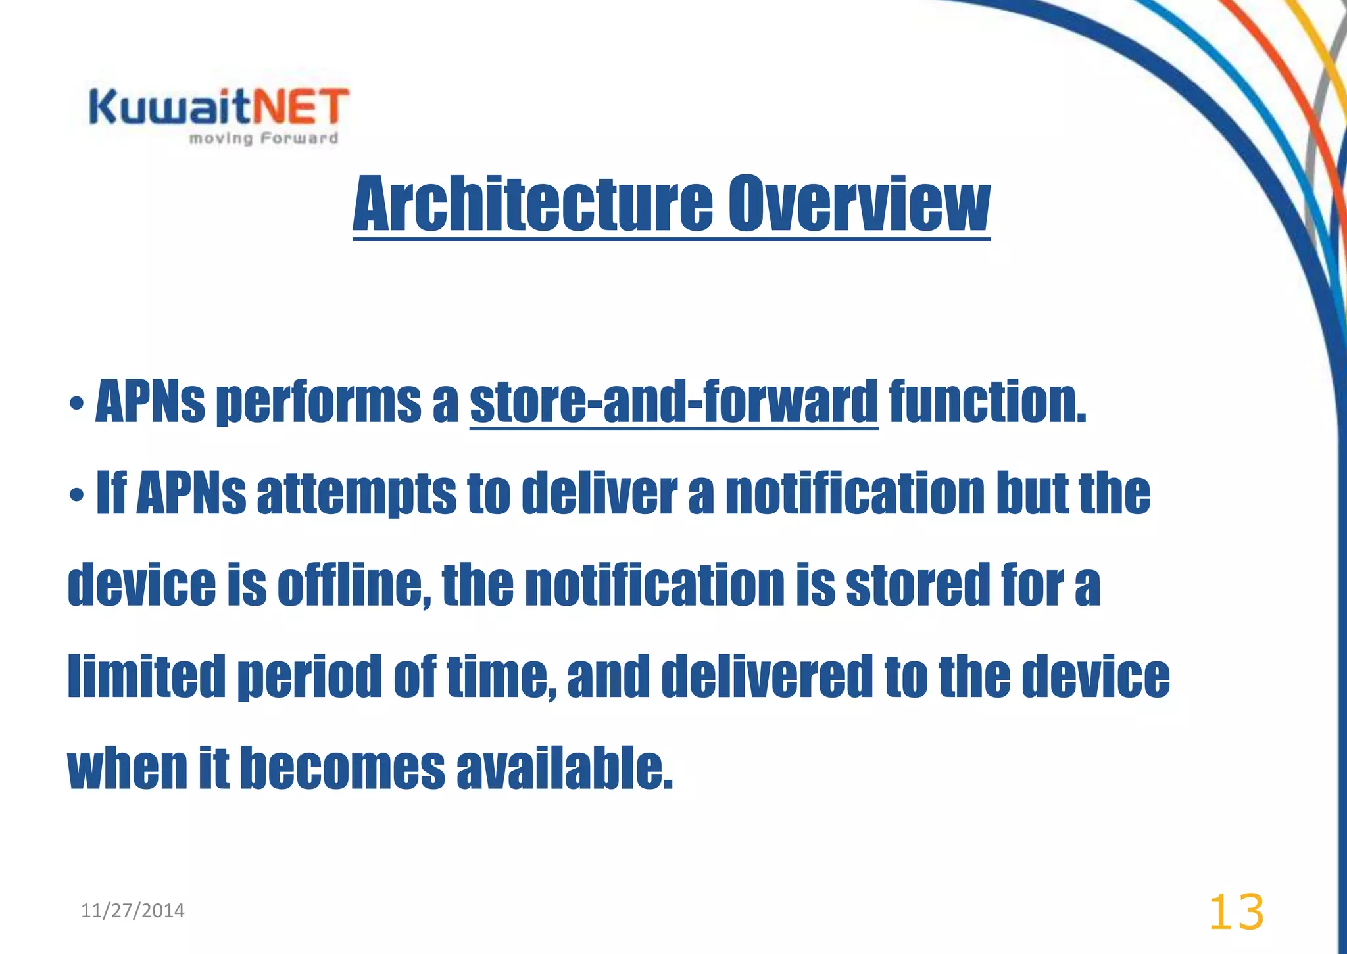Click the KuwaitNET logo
219,108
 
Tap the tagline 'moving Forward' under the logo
264,139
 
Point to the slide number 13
1236,912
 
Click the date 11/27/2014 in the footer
133,911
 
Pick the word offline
353,585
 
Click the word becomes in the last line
342,768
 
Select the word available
564,768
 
